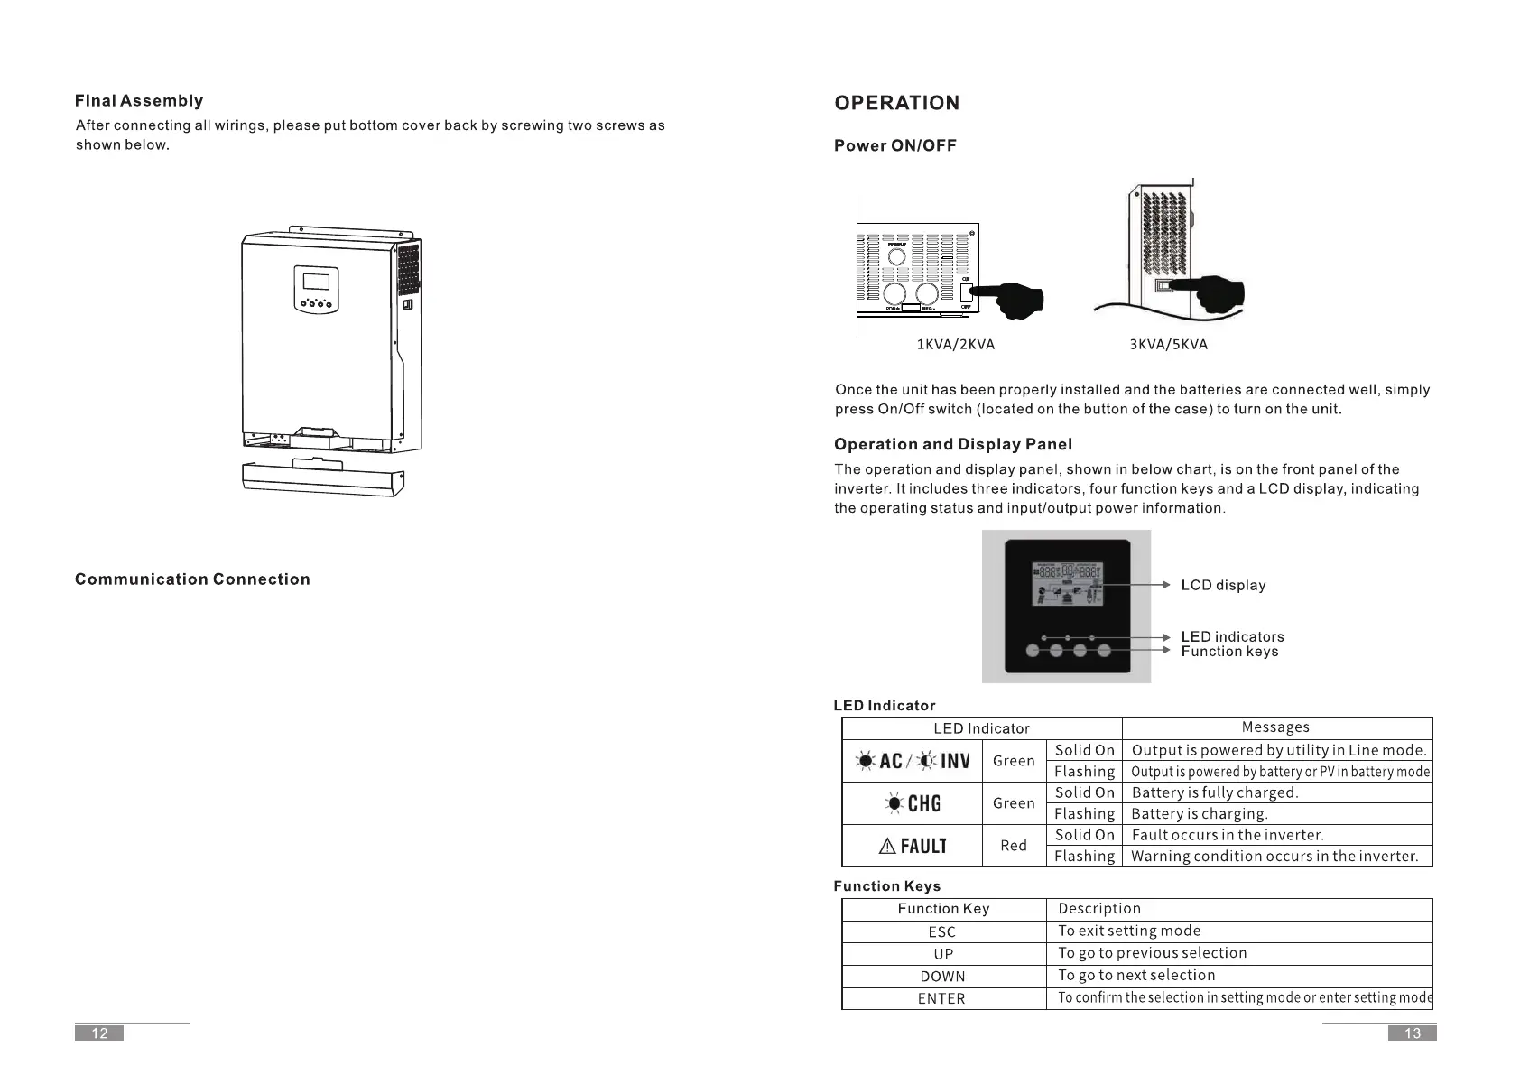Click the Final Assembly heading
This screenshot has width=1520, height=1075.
click(139, 101)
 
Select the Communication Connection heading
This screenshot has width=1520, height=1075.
click(192, 579)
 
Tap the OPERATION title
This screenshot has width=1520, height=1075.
click(896, 103)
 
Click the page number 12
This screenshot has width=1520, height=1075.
click(99, 1033)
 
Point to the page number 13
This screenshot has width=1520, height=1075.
click(1412, 1033)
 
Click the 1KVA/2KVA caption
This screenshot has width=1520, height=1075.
click(955, 344)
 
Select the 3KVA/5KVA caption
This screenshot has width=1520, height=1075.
click(1168, 344)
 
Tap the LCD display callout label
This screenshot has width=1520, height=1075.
click(1223, 585)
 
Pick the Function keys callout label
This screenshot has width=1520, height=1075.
click(1229, 652)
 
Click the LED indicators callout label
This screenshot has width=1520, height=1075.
click(1232, 636)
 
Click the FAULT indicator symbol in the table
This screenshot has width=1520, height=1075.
click(912, 846)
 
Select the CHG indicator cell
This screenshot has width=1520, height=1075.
click(912, 803)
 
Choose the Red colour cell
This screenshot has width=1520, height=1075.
click(1014, 846)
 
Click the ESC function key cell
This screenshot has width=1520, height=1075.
click(941, 931)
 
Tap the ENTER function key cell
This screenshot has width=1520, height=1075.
click(941, 998)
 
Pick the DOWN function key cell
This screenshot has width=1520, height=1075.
click(942, 976)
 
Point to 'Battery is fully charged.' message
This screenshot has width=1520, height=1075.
click(1214, 792)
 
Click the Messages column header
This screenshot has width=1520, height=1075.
click(1275, 727)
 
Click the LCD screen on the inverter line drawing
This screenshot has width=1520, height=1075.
click(316, 280)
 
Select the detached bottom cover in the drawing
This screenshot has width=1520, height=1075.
click(322, 478)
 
